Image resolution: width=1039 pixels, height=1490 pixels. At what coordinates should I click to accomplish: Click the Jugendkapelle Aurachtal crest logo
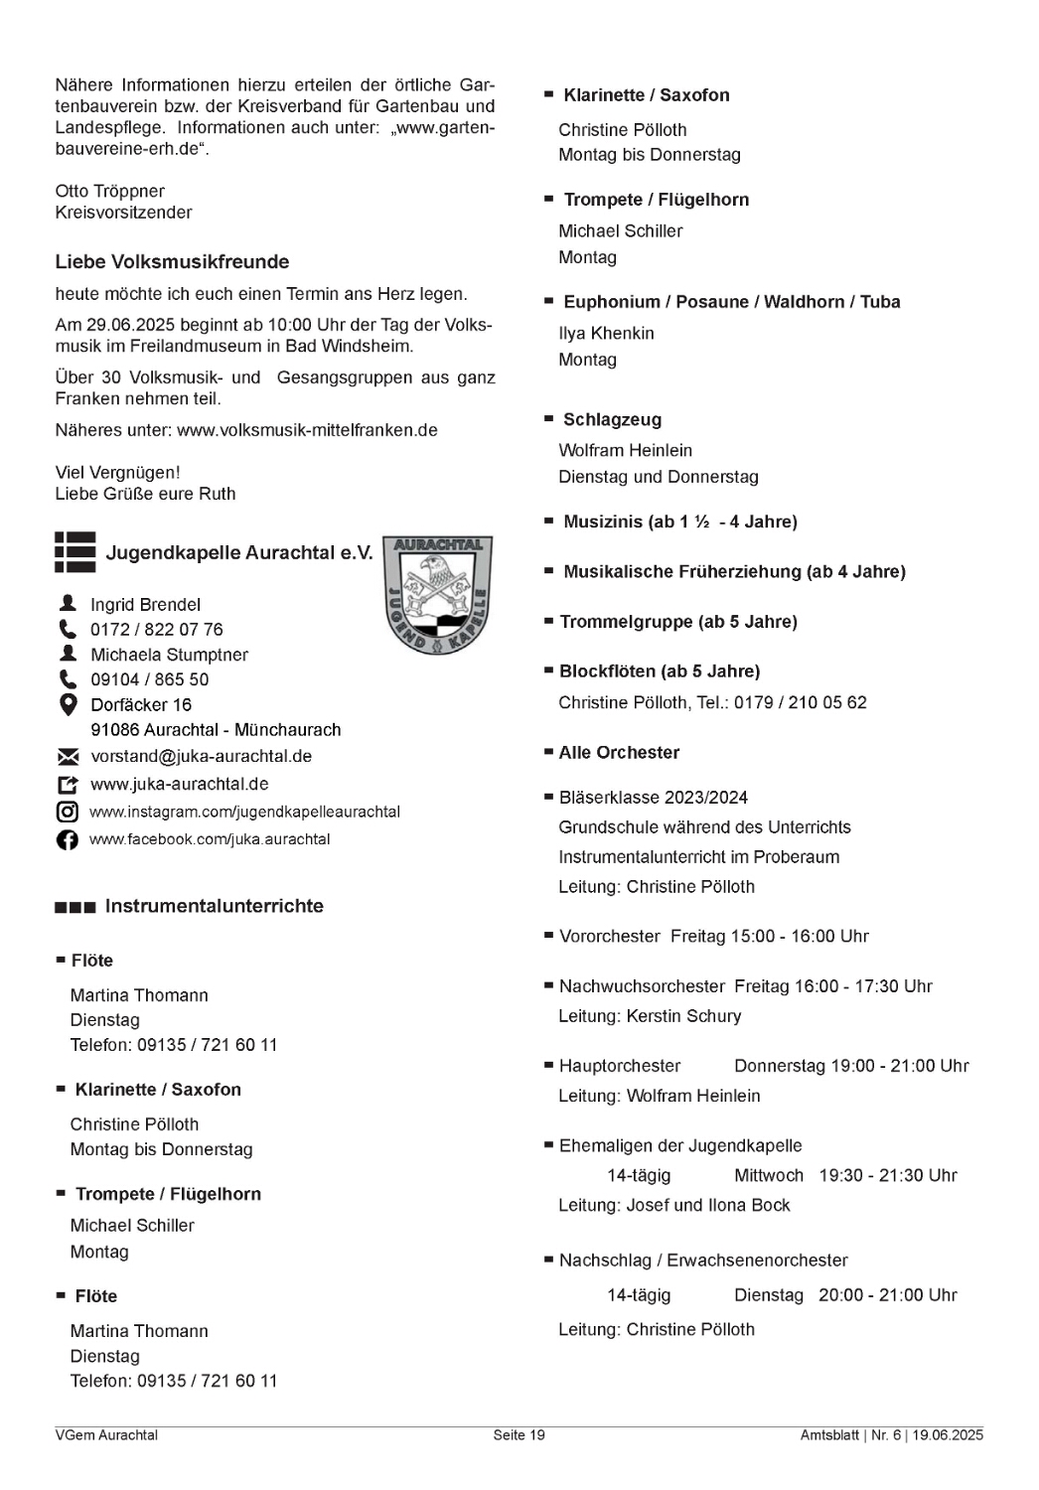438,594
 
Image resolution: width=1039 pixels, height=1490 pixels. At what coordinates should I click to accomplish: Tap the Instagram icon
68,812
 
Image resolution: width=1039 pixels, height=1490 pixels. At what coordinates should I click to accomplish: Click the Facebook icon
68,840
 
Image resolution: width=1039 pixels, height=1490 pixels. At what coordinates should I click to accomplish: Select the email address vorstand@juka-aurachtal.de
201,756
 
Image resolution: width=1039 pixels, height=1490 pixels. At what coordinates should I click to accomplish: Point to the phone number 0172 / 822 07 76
156,630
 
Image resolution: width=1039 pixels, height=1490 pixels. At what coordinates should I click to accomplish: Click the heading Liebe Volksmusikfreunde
172,262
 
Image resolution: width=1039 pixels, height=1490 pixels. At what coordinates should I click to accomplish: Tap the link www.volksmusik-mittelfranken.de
307,430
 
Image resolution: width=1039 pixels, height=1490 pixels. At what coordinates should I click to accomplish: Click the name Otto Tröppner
109,191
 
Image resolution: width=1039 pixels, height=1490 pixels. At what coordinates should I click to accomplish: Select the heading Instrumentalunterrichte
214,906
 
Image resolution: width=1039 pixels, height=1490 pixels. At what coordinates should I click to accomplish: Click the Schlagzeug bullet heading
612,420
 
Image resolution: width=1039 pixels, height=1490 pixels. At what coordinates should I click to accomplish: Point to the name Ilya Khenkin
606,334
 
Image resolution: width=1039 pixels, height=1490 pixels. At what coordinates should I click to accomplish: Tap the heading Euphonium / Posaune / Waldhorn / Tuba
731,302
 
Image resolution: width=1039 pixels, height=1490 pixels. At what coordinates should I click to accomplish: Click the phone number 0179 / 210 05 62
800,702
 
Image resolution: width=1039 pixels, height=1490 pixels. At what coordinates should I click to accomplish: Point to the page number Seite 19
519,1435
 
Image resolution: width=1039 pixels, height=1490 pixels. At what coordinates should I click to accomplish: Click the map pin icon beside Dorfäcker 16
68,705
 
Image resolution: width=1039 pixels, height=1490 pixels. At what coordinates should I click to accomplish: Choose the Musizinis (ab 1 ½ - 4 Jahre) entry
679,522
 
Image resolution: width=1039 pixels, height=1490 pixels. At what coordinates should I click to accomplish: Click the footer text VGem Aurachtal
106,1435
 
